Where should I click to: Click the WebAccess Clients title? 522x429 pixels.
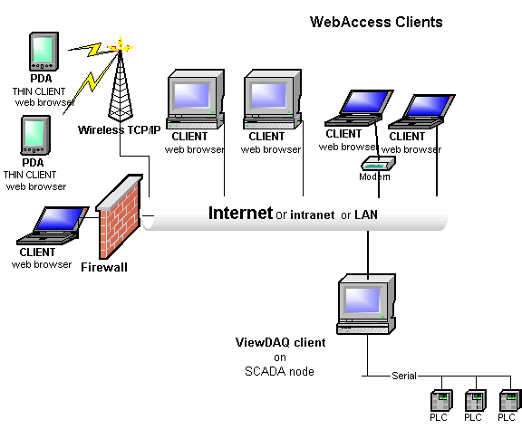coord(376,22)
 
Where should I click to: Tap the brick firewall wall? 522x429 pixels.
coord(120,216)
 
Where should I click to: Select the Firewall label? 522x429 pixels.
coord(104,267)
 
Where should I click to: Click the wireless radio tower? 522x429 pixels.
coord(121,83)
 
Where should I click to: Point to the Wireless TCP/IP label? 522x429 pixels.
coord(120,129)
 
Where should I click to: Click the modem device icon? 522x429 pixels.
coord(378,163)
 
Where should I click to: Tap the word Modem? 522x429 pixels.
coord(374,176)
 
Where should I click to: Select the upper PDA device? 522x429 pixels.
coord(44,52)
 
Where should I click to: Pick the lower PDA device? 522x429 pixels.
coord(35,135)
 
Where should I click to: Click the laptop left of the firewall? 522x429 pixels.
coord(53,225)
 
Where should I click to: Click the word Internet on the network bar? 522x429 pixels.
coord(240,213)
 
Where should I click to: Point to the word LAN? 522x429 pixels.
coord(366,214)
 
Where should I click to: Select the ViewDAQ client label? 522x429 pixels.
coord(280,342)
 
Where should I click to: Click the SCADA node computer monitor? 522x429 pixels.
coord(366,304)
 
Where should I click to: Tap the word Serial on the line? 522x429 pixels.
coord(404,376)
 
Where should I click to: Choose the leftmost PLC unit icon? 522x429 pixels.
coord(441,400)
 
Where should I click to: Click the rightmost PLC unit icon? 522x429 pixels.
coord(510,400)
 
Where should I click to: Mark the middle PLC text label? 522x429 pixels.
coord(473,417)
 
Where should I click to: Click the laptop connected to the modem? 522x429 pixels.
coord(359,108)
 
